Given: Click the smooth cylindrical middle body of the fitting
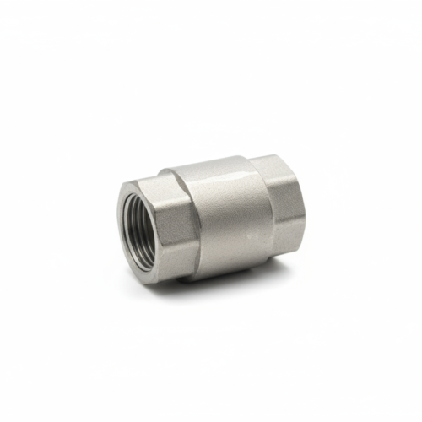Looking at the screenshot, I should (x=224, y=219).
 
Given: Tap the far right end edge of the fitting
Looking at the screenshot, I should (x=301, y=203).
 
